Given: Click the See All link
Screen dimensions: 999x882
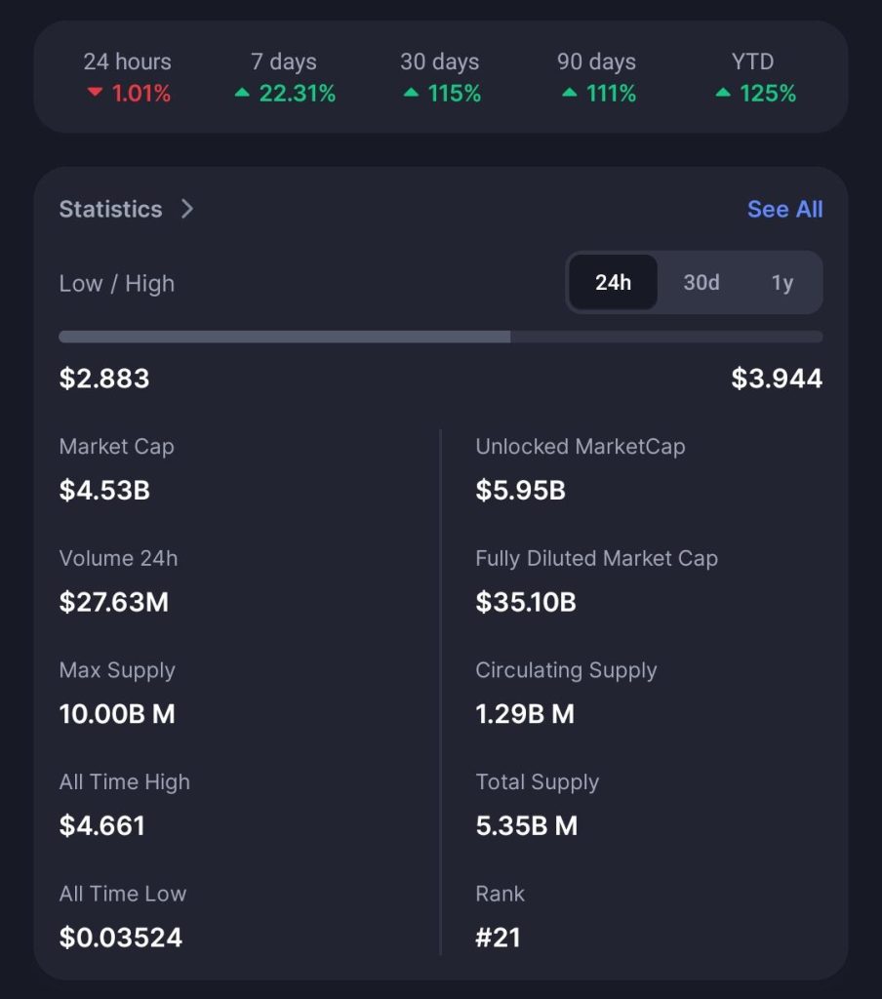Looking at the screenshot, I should coord(784,209).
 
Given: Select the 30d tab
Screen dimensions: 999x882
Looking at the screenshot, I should coord(701,283).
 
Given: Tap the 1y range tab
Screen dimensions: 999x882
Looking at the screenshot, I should coord(782,283).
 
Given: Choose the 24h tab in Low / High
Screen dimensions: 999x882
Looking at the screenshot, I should coord(613,283).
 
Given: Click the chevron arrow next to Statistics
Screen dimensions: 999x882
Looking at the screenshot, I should coord(187,209).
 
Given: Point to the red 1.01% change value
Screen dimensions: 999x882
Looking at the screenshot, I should coord(140,94).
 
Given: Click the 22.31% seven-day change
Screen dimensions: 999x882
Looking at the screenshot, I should coord(297,94).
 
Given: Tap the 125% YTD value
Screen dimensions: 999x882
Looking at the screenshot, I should coord(767,94).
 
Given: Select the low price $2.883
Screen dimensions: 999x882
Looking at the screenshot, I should coord(104,379).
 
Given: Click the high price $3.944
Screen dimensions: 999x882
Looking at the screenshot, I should coord(777,379).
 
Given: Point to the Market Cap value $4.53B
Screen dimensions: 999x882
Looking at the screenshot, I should coord(104,490).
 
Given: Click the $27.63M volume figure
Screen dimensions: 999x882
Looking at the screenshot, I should coord(114,602).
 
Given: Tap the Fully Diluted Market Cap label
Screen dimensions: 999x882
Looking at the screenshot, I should coord(596,559).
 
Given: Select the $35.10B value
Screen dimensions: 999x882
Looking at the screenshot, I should coord(525,602).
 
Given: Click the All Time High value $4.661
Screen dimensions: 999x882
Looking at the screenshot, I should coord(102,825).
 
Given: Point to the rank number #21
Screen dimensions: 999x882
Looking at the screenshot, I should coord(498,938).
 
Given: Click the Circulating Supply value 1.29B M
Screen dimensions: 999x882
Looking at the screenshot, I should coord(525,714).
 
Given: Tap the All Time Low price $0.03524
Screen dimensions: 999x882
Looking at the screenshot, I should coord(121,938).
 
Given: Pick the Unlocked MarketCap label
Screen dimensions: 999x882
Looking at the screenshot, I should coord(580,447).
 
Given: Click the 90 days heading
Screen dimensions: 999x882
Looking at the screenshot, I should coord(596,61).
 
